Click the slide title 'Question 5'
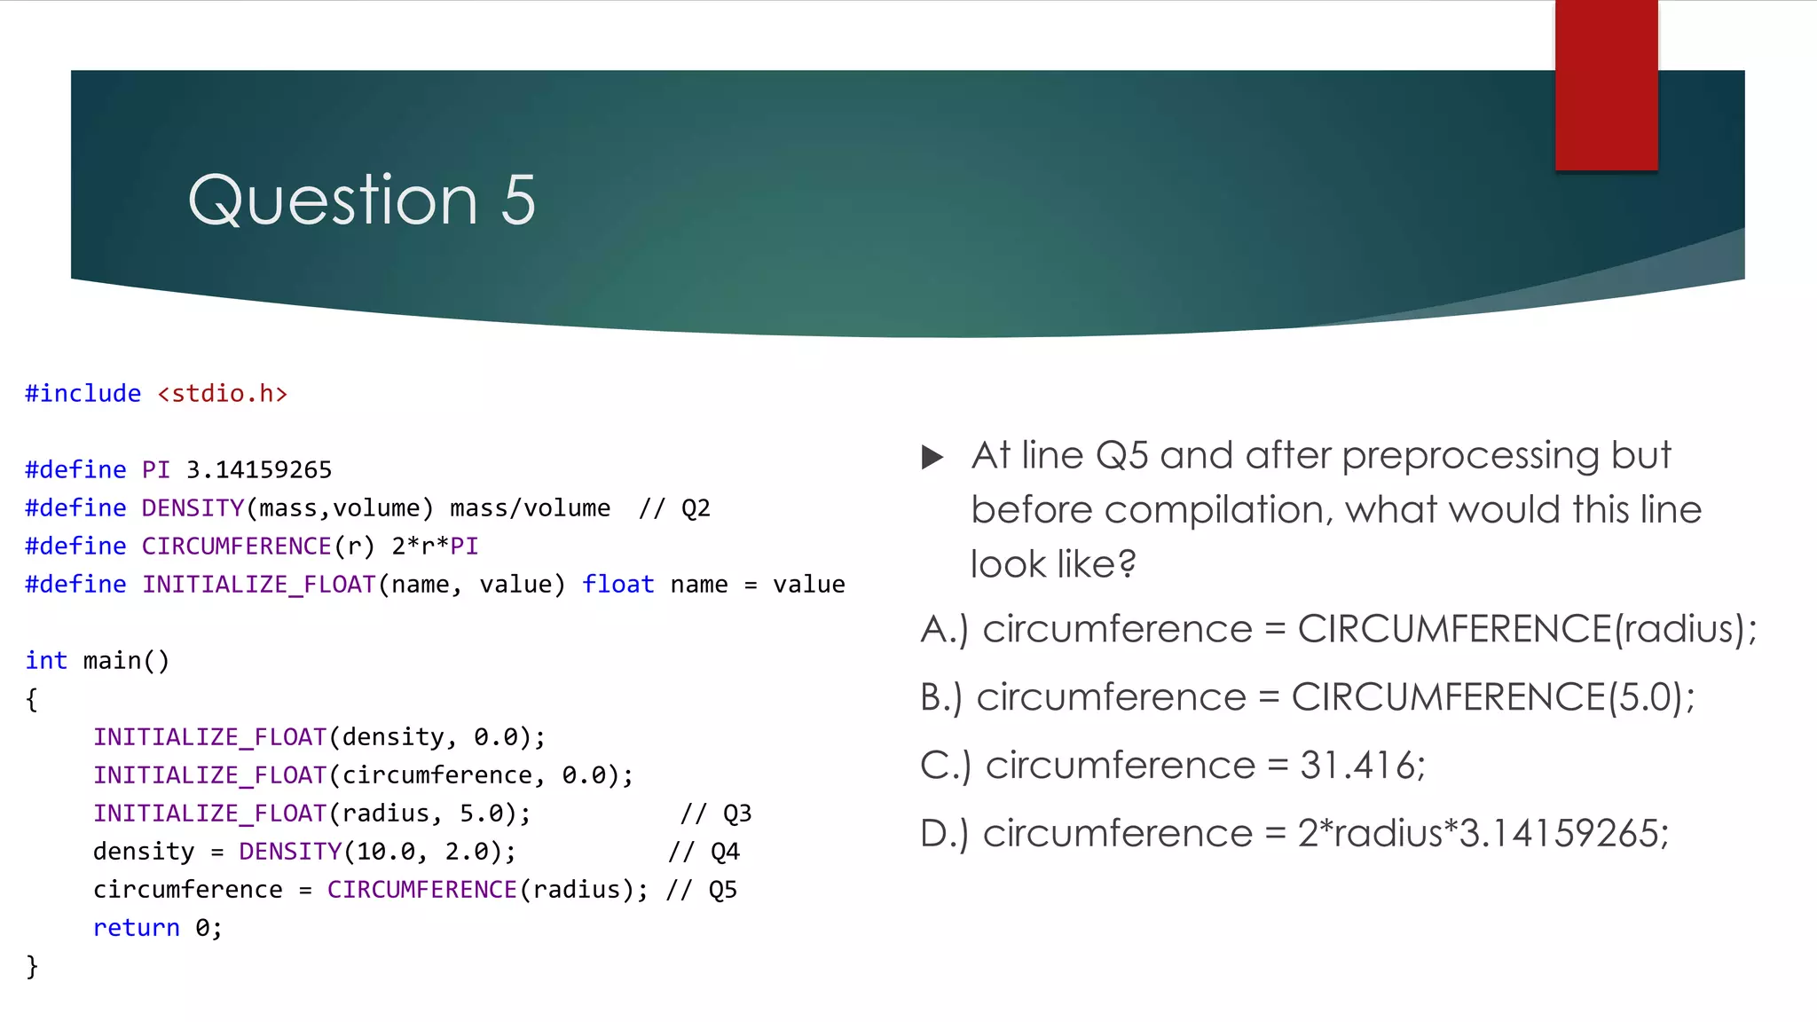coord(362,200)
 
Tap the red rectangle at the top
coord(1606,85)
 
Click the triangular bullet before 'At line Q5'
coord(932,457)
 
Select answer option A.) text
coord(1338,629)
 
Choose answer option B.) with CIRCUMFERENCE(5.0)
coord(1307,697)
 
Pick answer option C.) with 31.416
coord(1172,766)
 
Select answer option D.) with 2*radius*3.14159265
coord(1294,834)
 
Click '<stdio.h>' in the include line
coord(223,394)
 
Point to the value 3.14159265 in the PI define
coord(259,470)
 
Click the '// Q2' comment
coord(674,508)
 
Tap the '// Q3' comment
coord(716,814)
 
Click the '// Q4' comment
coord(704,852)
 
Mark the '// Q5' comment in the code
coord(701,890)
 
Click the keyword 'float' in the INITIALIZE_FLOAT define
coord(617,585)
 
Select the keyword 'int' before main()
coord(46,661)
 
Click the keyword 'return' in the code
coord(137,928)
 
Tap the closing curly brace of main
coord(33,966)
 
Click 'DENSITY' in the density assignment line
coord(290,852)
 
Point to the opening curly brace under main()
coord(33,699)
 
